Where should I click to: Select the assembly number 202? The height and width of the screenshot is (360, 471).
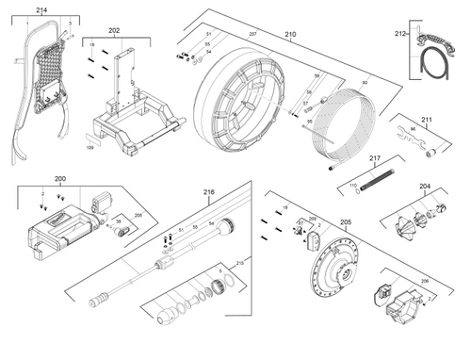click(114, 30)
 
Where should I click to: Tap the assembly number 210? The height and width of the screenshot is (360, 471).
click(290, 35)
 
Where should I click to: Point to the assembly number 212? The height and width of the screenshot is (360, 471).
click(400, 34)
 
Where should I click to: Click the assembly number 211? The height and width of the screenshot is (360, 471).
click(427, 120)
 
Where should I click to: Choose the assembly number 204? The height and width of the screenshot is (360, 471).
click(425, 187)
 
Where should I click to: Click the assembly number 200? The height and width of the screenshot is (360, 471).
click(60, 178)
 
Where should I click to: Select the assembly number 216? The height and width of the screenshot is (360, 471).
click(209, 192)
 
